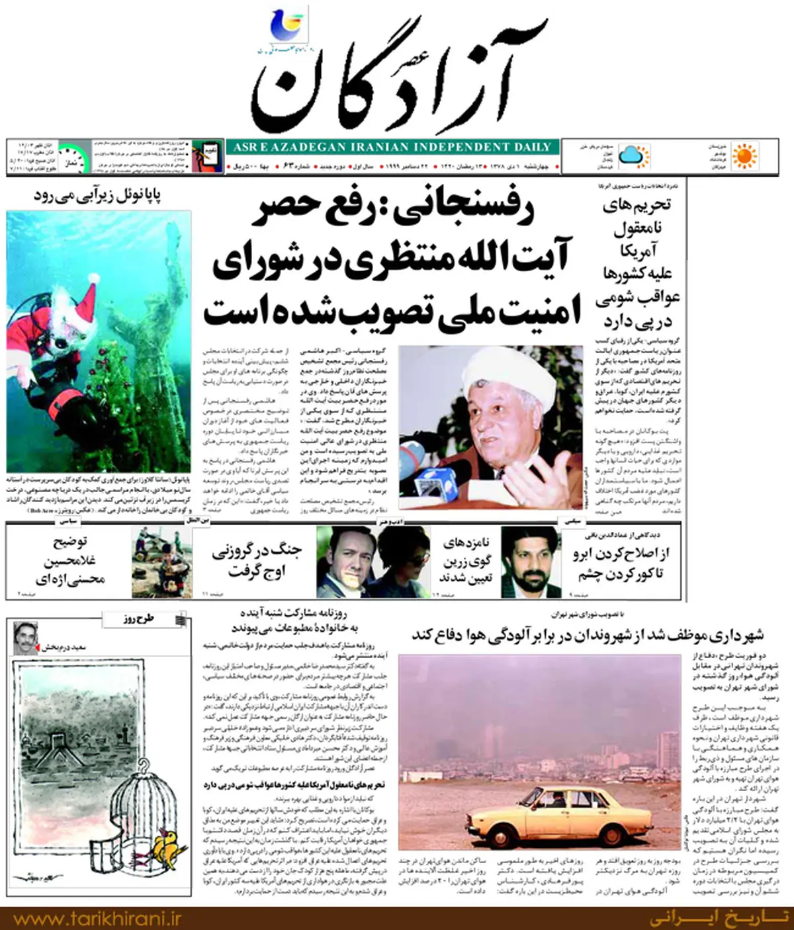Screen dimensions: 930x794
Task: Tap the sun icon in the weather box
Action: coord(745,156)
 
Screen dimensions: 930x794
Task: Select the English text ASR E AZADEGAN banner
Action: coord(392,147)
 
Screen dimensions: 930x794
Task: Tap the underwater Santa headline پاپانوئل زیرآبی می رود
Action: coord(98,196)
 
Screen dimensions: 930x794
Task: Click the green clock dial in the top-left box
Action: coord(75,157)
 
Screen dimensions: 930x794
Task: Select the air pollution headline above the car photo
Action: coord(588,634)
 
